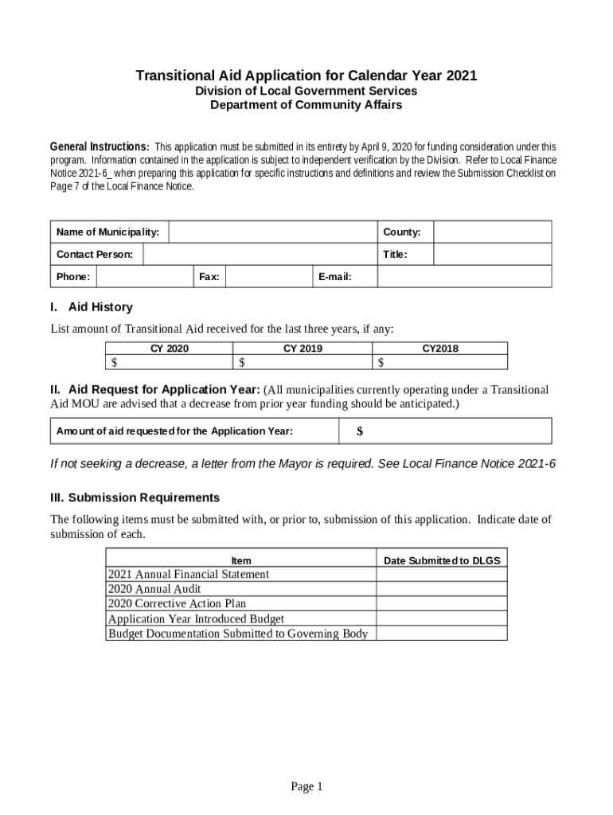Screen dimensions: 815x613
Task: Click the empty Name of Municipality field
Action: click(271, 232)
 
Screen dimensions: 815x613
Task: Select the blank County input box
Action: click(491, 232)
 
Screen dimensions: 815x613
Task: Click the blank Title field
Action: click(491, 254)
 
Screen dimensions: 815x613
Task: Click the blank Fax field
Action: click(267, 276)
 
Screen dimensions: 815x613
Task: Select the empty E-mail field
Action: click(463, 276)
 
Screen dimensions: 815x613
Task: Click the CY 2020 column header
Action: click(170, 349)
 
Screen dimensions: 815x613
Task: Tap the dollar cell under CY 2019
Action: click(303, 363)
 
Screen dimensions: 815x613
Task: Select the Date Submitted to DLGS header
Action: click(442, 560)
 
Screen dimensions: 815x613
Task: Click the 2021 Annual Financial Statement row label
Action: click(189, 575)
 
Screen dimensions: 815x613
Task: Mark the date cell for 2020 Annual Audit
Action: click(442, 589)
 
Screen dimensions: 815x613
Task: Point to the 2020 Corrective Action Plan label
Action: click(177, 604)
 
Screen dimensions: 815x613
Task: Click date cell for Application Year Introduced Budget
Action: click(442, 618)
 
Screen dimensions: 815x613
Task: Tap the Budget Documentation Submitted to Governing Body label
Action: click(238, 634)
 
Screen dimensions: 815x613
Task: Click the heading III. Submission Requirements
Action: click(135, 497)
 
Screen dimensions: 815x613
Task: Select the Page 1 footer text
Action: click(306, 786)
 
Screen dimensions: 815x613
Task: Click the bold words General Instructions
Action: click(100, 147)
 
